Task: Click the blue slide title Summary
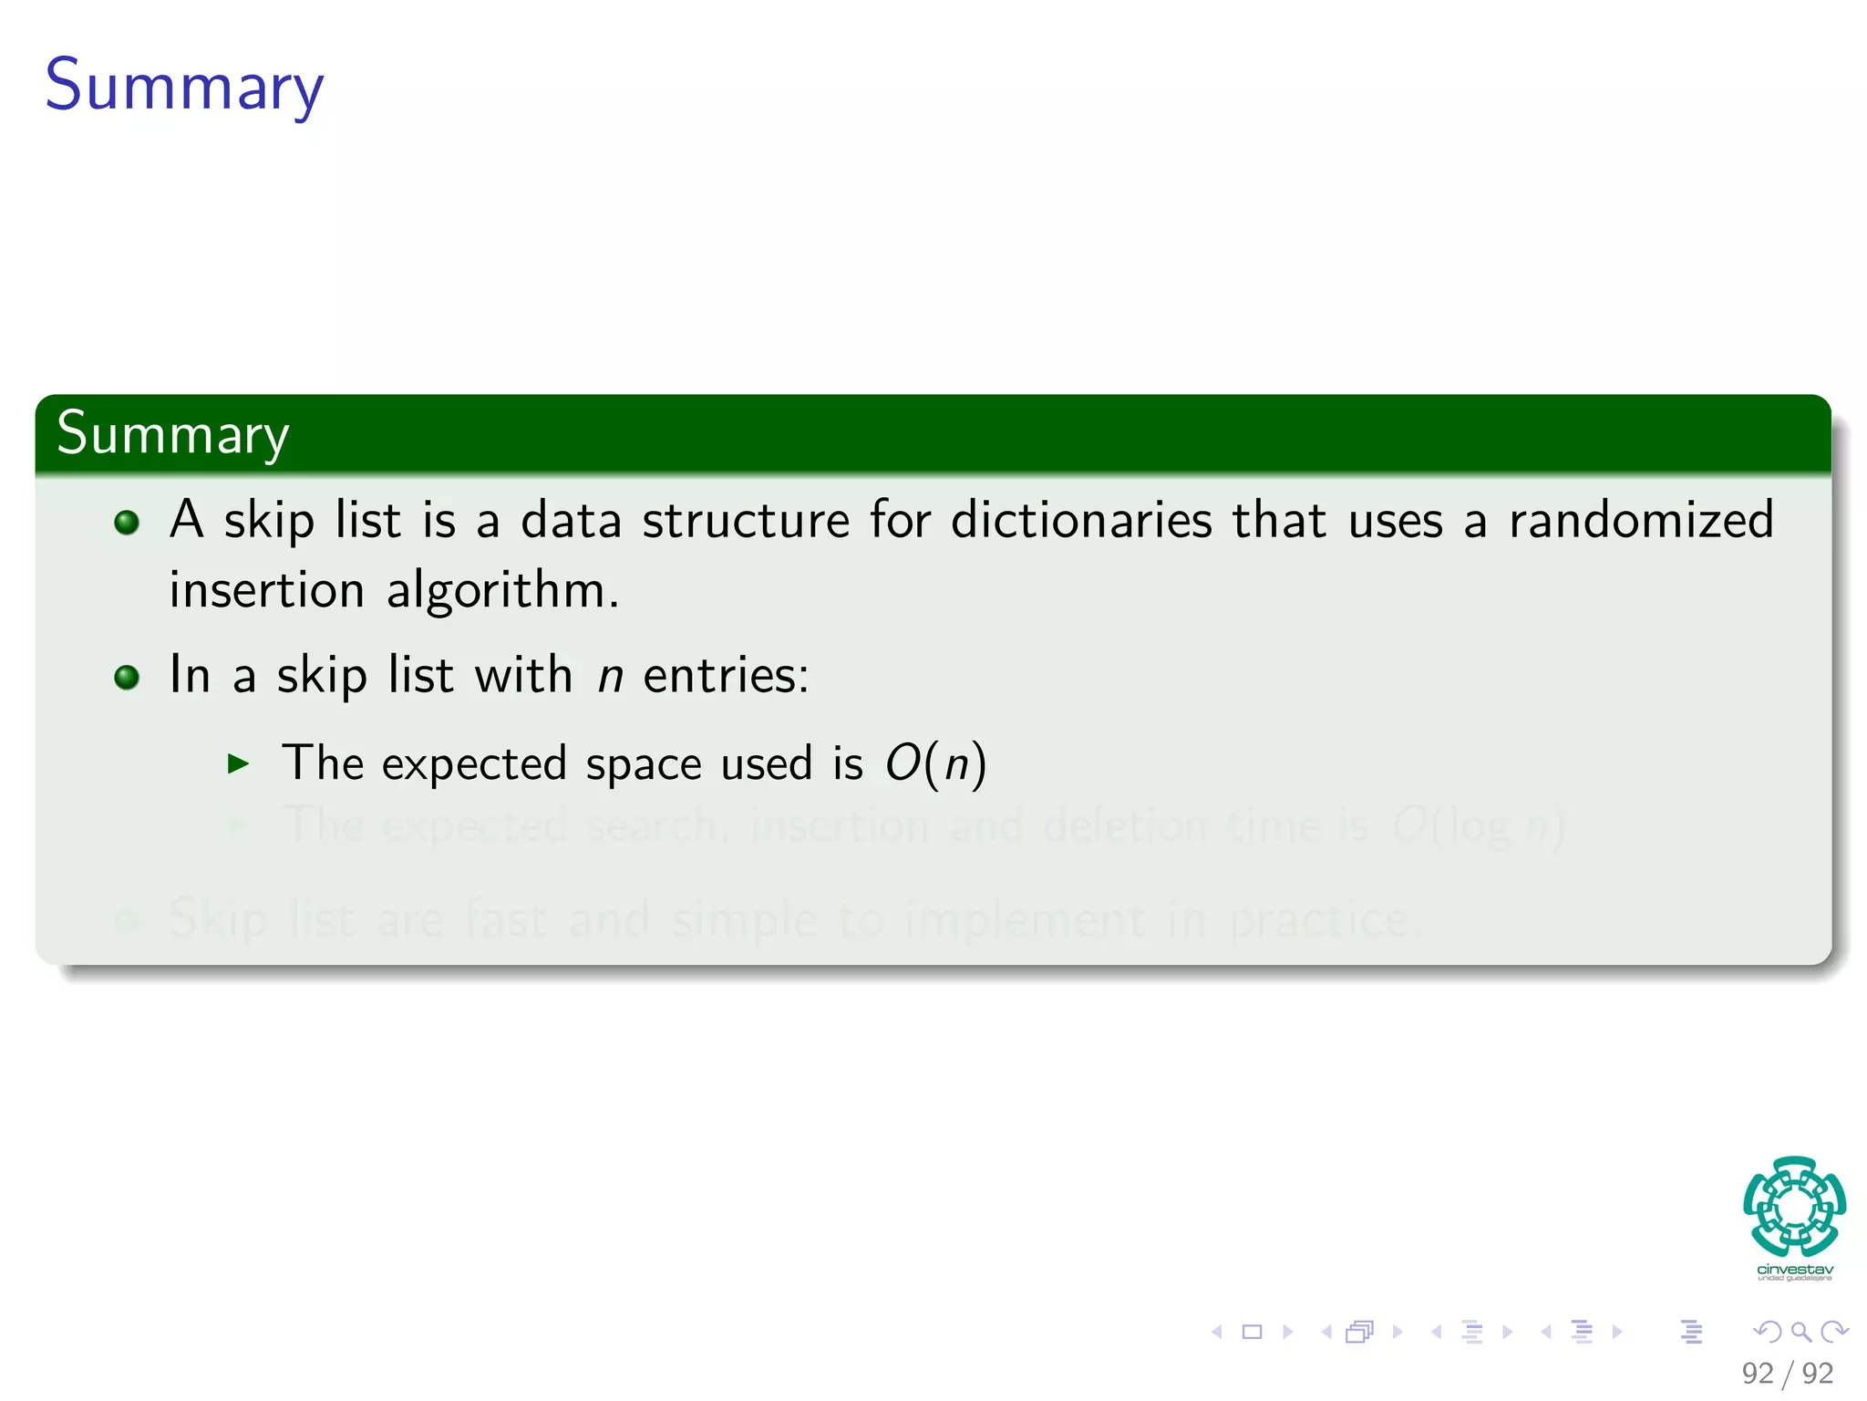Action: (x=184, y=86)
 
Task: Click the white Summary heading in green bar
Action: (x=172, y=433)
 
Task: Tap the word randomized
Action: (x=1641, y=520)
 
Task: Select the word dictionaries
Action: (x=1081, y=520)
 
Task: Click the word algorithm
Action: (x=502, y=591)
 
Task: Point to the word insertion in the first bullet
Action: (x=266, y=590)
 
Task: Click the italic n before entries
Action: (x=610, y=677)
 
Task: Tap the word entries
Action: (x=726, y=676)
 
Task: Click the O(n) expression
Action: (x=936, y=763)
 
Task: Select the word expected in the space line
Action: (x=474, y=763)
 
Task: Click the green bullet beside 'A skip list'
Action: (x=127, y=522)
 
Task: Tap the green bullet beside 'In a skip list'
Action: (x=127, y=678)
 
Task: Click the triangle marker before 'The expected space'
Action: (x=238, y=763)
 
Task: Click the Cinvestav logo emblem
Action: (x=1794, y=1206)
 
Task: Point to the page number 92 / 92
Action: (x=1787, y=1373)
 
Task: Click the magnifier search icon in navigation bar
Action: (x=1800, y=1332)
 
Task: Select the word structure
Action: (x=746, y=520)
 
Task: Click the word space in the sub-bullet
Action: (x=643, y=764)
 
